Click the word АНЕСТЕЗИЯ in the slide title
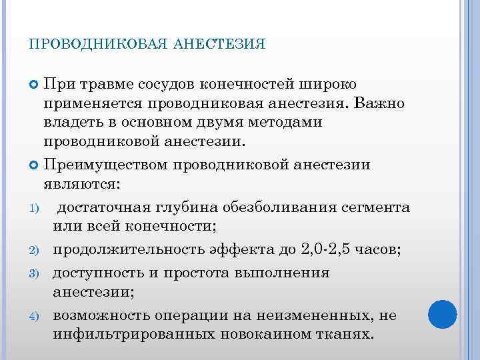pos(219,45)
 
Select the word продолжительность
pos(129,250)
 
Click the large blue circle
pos(441,315)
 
